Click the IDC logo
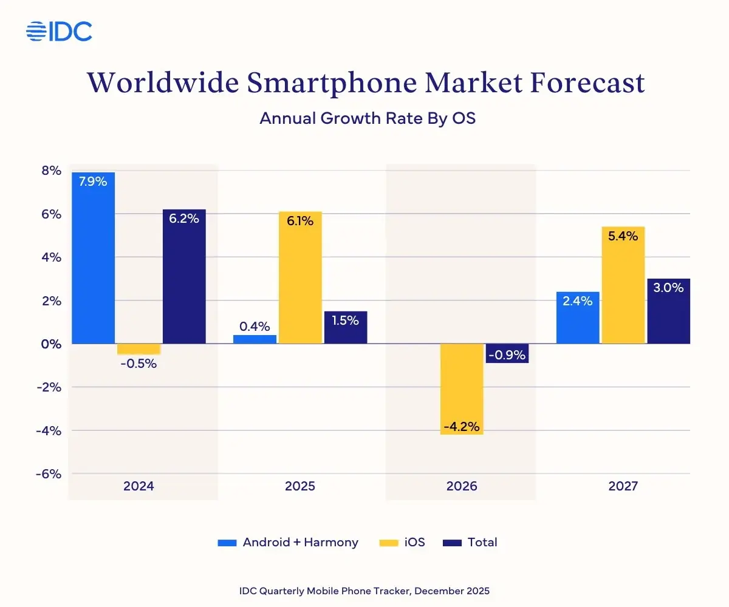pyautogui.click(x=59, y=31)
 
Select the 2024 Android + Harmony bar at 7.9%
pyautogui.click(x=93, y=258)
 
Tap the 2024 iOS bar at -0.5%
pyautogui.click(x=139, y=349)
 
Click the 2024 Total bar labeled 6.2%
pyautogui.click(x=184, y=276)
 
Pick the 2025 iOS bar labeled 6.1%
pyautogui.click(x=300, y=277)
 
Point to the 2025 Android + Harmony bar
pyautogui.click(x=255, y=339)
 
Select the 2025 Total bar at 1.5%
pyautogui.click(x=346, y=328)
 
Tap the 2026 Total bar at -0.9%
pyautogui.click(x=507, y=353)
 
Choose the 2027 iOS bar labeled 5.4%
pyautogui.click(x=623, y=285)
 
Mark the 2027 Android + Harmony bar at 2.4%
pyautogui.click(x=578, y=317)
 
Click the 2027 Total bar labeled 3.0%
pyautogui.click(x=668, y=311)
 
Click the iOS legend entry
pyautogui.click(x=403, y=543)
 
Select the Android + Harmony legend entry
pyautogui.click(x=288, y=543)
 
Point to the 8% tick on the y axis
pyautogui.click(x=52, y=171)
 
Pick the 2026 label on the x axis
pyautogui.click(x=462, y=486)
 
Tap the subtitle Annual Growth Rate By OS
pyautogui.click(x=367, y=118)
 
